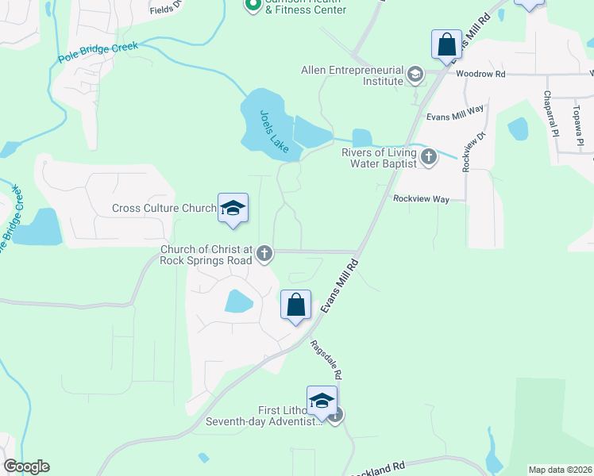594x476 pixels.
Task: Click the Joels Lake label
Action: coord(275,131)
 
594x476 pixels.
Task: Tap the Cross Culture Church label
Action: coord(164,209)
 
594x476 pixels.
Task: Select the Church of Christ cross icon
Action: coord(264,254)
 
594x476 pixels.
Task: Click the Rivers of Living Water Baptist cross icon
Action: coord(429,156)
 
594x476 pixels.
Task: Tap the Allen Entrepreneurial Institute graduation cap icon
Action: coord(415,75)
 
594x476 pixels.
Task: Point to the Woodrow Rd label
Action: coord(481,74)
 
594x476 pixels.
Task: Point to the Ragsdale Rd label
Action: coord(326,359)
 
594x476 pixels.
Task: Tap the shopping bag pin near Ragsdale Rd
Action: coord(295,305)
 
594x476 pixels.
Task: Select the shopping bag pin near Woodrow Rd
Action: coord(447,44)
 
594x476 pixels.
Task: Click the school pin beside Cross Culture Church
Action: coord(233,209)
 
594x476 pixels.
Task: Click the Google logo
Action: coord(26,466)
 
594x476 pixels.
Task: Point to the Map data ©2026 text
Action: coord(559,470)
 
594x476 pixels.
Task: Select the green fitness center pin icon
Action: coord(253,6)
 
